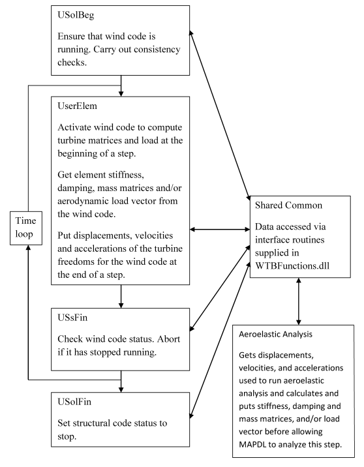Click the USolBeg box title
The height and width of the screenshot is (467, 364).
point(76,15)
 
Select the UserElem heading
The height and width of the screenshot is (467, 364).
point(77,106)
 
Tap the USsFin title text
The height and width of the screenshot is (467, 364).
point(72,318)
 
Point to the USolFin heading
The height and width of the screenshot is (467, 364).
point(74,402)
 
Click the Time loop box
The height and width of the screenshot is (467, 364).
point(26,228)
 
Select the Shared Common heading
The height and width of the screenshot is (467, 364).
point(288,205)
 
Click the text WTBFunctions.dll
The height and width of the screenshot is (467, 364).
point(292,265)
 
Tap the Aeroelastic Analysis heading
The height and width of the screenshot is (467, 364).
point(275,334)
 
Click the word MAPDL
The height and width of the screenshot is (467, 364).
point(252,445)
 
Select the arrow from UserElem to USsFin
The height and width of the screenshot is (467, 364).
point(121,296)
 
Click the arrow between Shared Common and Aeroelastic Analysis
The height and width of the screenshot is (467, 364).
point(299,301)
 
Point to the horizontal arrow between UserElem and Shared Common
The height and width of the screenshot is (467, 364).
point(220,230)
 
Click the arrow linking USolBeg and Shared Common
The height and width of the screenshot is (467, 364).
point(220,115)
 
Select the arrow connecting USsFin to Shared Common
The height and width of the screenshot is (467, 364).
point(220,288)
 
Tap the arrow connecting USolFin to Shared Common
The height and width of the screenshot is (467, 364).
point(220,340)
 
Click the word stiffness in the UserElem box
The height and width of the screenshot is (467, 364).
point(126,175)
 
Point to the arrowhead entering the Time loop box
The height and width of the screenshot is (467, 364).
point(28,248)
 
